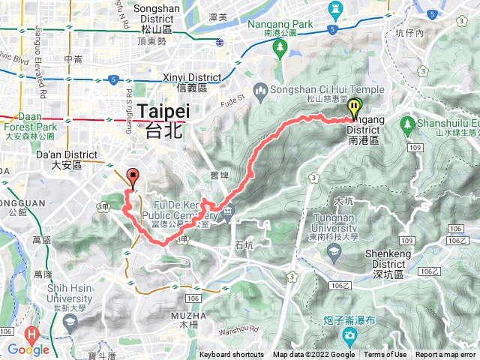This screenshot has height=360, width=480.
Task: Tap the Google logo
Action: point(28,349)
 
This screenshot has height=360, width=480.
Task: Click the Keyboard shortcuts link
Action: point(232,355)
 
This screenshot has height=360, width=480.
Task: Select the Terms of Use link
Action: point(385,355)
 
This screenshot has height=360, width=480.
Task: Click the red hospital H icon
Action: point(31,334)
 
